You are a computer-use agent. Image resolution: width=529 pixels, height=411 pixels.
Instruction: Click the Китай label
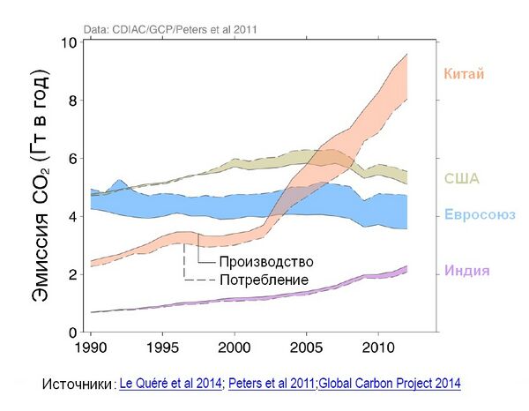[x=464, y=74]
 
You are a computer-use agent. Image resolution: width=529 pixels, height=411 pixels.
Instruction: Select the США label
[x=460, y=179]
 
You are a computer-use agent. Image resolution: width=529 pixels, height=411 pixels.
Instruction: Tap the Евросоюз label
[x=479, y=216]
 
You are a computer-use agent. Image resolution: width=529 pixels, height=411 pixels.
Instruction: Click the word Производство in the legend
[x=266, y=262]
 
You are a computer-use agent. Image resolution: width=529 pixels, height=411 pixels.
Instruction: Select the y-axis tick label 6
[x=72, y=159]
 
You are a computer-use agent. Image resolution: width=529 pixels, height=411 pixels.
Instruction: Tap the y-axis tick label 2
[x=72, y=274]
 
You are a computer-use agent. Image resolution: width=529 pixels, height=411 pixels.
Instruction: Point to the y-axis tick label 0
[x=72, y=333]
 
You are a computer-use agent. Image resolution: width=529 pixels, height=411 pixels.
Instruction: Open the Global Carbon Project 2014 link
[x=389, y=384]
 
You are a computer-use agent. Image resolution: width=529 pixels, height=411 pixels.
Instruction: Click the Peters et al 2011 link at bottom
[x=271, y=384]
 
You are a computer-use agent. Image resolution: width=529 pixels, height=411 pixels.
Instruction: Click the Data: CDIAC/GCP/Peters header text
[x=170, y=29]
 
